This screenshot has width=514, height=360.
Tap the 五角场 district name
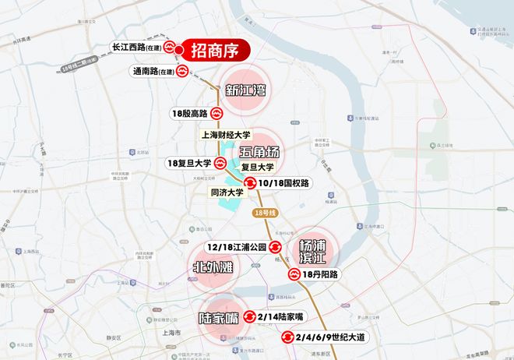pyautogui.click(x=259, y=151)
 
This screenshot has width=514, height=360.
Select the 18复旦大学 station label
pyautogui.click(x=189, y=164)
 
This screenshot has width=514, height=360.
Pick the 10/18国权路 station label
pyautogui.click(x=284, y=183)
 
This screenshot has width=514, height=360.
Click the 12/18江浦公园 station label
pyautogui.click(x=235, y=246)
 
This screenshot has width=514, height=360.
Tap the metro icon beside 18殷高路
pyautogui.click(x=217, y=114)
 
